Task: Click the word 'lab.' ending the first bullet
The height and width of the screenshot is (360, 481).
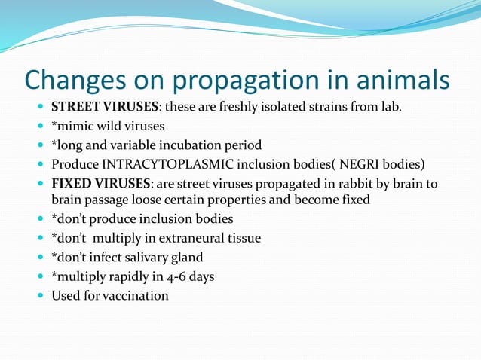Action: click(390, 107)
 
